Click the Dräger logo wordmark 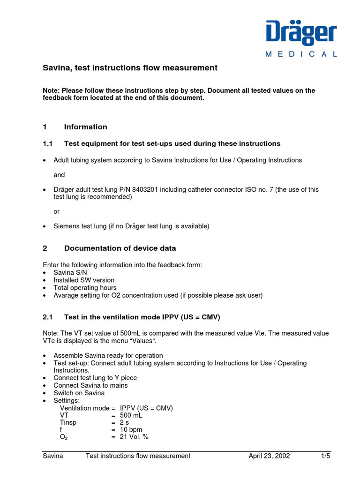point(301,33)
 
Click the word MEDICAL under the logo point(301,54)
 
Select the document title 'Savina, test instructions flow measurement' point(130,68)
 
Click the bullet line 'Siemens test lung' point(131,226)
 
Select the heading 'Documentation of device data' point(120,248)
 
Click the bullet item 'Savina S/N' point(70,272)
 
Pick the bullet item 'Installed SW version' point(84,280)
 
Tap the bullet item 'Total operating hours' point(85,288)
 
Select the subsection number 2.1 point(49,317)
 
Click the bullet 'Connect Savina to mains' point(90,385)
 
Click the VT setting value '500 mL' point(131,415)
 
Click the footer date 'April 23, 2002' point(269,456)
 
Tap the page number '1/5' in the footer point(325,456)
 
